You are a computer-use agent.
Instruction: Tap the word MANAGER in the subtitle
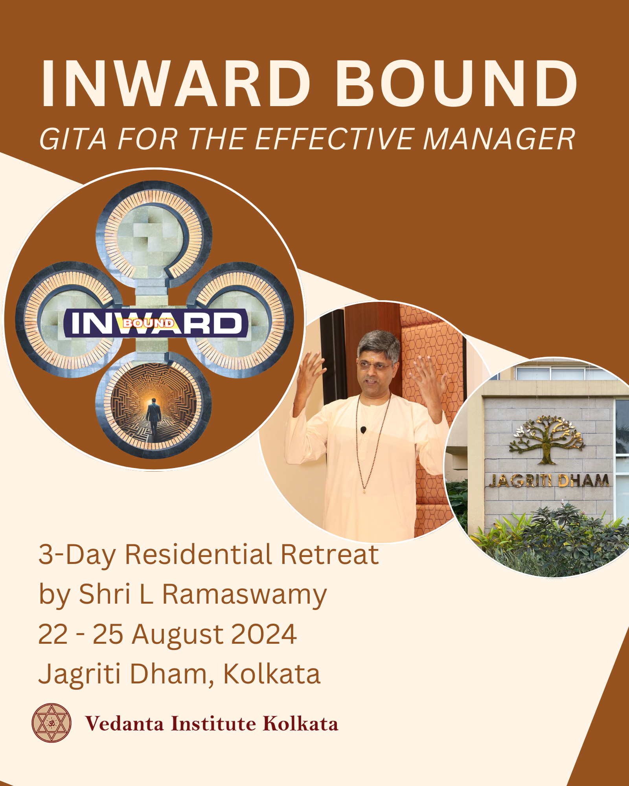(499, 139)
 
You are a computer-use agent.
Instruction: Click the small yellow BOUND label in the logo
(149, 323)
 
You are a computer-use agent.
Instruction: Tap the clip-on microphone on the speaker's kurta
(363, 430)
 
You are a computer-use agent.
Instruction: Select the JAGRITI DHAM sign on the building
(549, 480)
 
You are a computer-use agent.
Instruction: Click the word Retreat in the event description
(329, 555)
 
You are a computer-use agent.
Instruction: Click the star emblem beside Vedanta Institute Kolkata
(51, 723)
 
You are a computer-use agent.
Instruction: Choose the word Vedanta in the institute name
(124, 724)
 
